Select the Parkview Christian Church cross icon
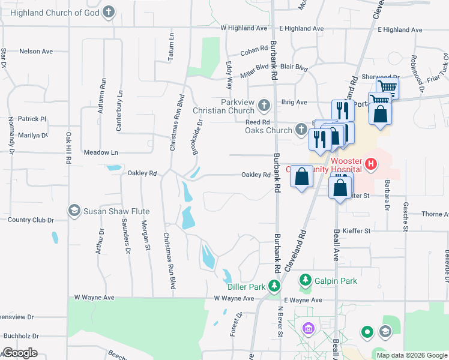click(x=264, y=107)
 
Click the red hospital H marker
click(x=371, y=163)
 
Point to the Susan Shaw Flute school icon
click(x=74, y=211)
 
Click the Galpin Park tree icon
click(x=306, y=280)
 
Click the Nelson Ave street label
click(x=36, y=52)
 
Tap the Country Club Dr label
click(x=31, y=220)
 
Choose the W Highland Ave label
click(x=243, y=28)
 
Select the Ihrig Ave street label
click(x=294, y=103)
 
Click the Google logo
click(x=20, y=353)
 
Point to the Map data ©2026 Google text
click(x=412, y=355)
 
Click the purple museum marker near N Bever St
click(x=309, y=328)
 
